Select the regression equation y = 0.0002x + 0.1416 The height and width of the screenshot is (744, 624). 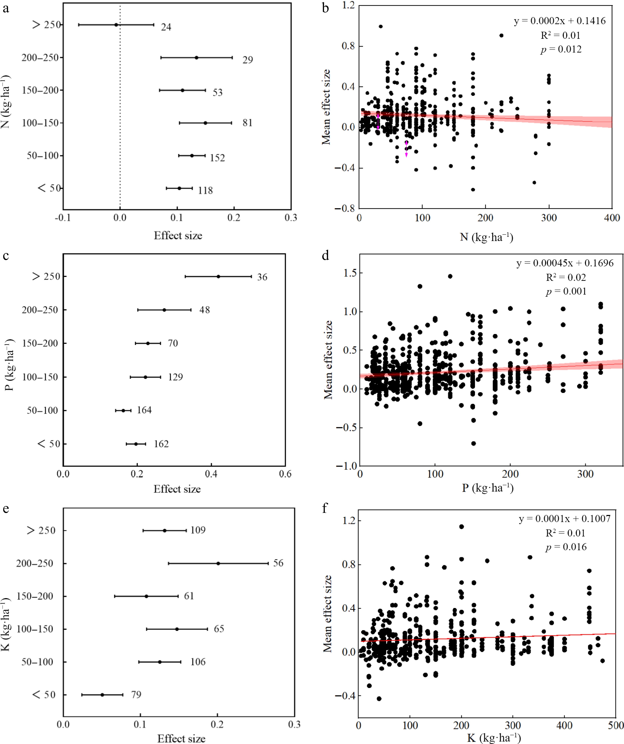point(560,21)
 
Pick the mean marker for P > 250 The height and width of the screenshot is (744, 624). point(218,276)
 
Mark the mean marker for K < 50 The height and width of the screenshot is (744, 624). point(102,695)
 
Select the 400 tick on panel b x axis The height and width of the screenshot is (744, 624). point(612,218)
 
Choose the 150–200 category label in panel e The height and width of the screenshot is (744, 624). point(35,596)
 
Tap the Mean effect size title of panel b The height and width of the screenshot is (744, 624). point(326,107)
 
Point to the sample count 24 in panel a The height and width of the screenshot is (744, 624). point(166,27)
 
